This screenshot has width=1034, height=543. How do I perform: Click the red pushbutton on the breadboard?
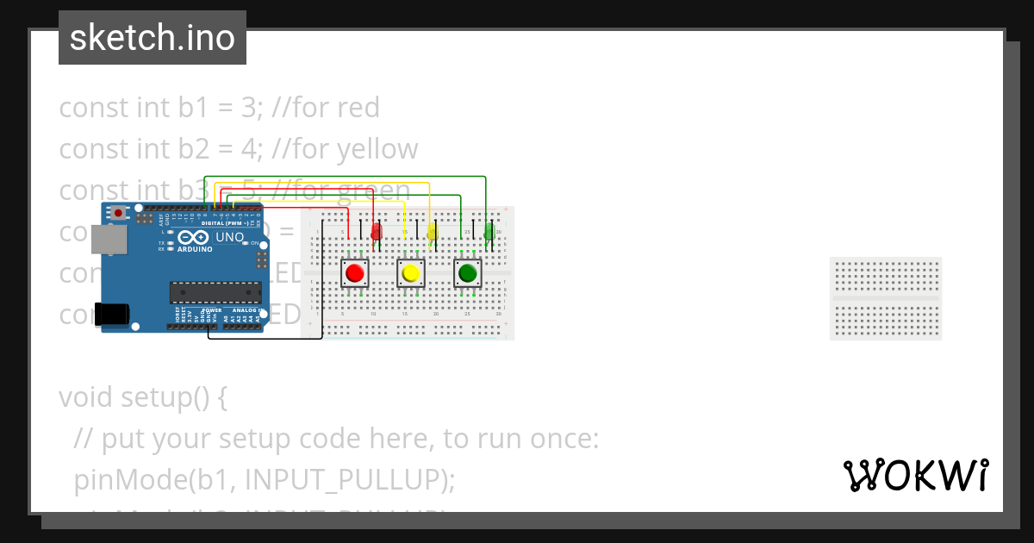click(354, 274)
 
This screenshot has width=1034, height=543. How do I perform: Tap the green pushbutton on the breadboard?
click(467, 274)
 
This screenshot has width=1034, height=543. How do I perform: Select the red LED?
click(376, 232)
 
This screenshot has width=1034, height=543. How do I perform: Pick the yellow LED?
click(433, 232)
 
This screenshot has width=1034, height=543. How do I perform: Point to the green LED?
click(489, 232)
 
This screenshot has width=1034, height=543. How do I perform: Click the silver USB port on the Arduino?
click(107, 240)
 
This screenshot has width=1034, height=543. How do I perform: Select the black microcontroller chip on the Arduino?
click(215, 293)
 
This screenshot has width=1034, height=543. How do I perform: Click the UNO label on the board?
click(229, 237)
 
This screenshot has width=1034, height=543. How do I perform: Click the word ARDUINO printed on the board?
click(196, 249)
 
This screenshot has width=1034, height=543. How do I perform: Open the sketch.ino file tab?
click(153, 38)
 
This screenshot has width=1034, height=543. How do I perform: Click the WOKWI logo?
click(915, 476)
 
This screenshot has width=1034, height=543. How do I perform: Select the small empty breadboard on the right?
click(885, 298)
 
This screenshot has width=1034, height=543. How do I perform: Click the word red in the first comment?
click(358, 108)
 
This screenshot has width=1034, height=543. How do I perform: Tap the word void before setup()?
click(86, 398)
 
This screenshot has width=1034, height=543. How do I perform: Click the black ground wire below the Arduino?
click(265, 338)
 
